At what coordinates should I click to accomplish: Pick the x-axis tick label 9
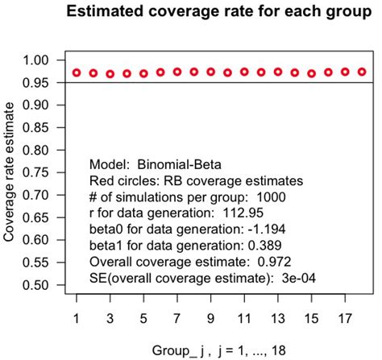pyautogui.click(x=210, y=317)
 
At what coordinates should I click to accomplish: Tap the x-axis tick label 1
pyautogui.click(x=77, y=317)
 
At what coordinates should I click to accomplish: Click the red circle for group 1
pyautogui.click(x=77, y=72)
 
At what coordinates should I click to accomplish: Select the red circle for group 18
pyautogui.click(x=362, y=72)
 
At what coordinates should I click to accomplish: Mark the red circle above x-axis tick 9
pyautogui.click(x=210, y=72)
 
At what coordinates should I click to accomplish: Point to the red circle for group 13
pyautogui.click(x=278, y=72)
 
